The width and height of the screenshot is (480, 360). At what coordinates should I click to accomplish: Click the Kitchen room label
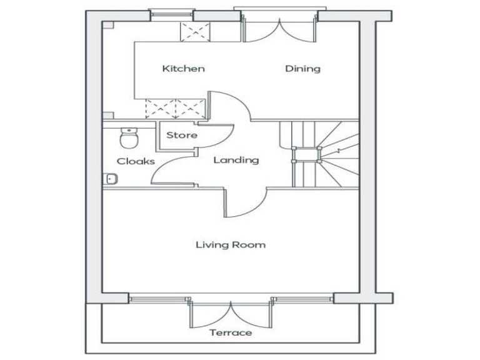(x=183, y=69)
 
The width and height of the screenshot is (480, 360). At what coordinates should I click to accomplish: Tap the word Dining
(x=302, y=69)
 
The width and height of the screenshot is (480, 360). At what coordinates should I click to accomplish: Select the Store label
(x=182, y=135)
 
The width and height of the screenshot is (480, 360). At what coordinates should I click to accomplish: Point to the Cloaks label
(x=136, y=161)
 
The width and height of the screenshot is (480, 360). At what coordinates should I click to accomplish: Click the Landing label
(x=236, y=160)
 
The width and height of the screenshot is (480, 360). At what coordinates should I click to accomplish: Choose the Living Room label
(x=230, y=244)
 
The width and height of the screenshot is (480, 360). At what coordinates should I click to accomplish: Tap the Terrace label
(x=231, y=332)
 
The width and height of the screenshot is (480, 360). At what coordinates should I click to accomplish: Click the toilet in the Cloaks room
(x=129, y=135)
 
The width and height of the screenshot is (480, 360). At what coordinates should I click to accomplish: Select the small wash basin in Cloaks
(x=111, y=179)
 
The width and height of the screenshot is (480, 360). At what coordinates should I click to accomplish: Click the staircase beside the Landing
(x=319, y=154)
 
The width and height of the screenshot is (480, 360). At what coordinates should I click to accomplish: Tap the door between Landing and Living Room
(x=245, y=201)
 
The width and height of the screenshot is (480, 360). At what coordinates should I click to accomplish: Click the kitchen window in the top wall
(x=172, y=14)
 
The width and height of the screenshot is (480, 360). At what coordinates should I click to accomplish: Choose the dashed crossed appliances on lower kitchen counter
(x=175, y=108)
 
